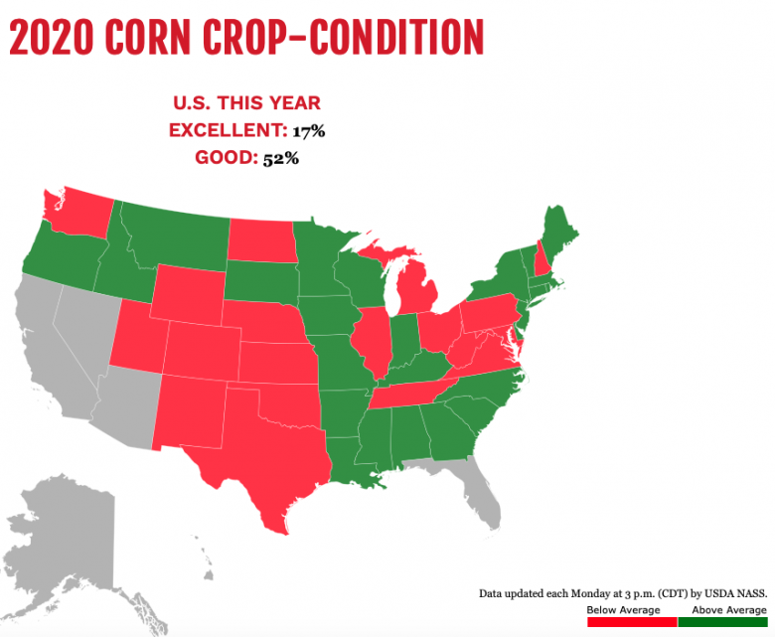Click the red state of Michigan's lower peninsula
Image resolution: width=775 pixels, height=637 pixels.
[417, 298]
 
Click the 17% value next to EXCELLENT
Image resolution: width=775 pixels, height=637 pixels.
[309, 130]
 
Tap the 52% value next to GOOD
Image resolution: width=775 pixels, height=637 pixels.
[281, 158]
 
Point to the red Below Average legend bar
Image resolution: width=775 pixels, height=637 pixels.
[631, 622]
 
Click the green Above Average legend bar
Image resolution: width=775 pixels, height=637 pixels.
[722, 622]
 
